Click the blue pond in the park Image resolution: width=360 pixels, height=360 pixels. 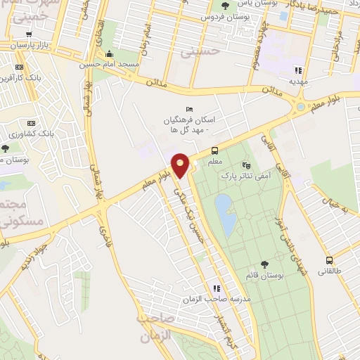click(x=225, y=214)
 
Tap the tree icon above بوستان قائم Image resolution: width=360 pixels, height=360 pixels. click(x=264, y=264)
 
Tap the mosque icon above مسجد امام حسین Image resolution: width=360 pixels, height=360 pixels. click(x=108, y=55)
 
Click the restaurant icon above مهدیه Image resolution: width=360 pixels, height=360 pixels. click(x=298, y=70)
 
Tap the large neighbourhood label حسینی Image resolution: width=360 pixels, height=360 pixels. click(x=196, y=51)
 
